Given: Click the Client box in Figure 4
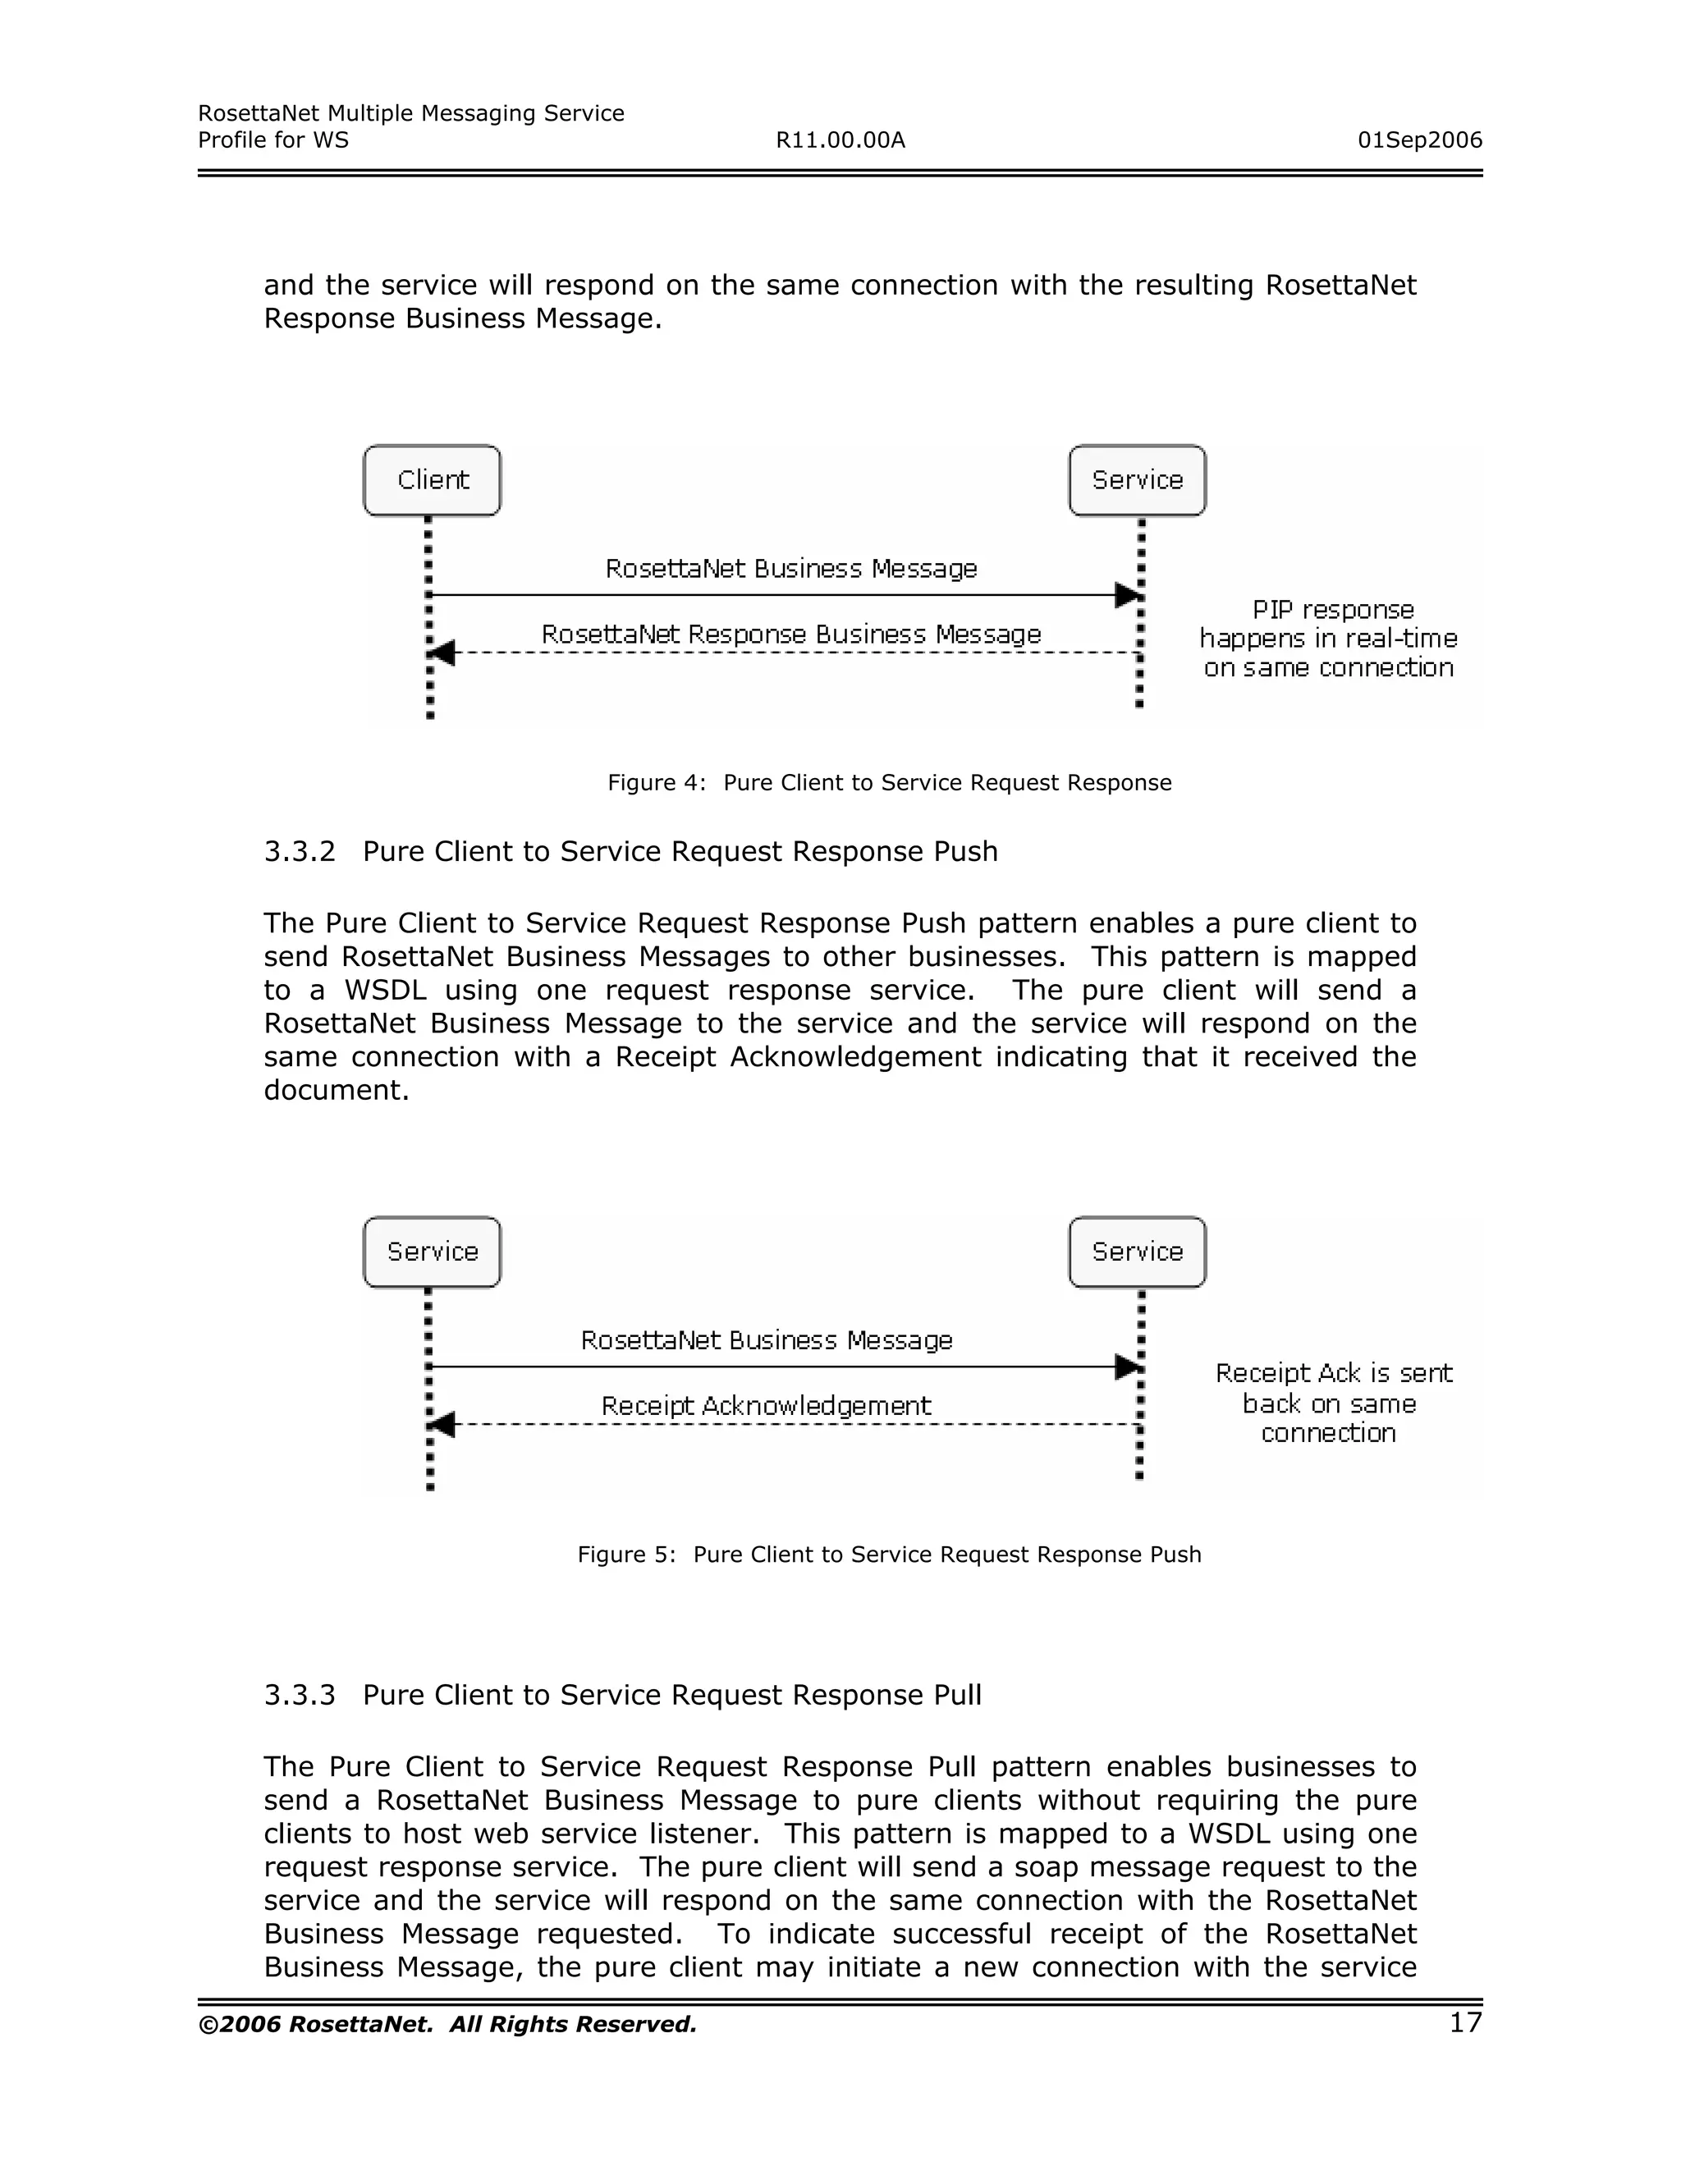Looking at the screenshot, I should coord(433,480).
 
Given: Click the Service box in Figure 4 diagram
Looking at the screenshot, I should coord(1138,480).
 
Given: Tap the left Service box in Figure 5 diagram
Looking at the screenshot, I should coord(433,1252).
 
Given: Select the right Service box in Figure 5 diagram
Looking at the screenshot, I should coord(1138,1252).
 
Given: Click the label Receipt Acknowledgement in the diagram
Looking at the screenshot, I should coord(766,1405).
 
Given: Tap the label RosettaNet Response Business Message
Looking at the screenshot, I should coord(790,634).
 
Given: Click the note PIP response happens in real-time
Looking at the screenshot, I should coord(1329,639).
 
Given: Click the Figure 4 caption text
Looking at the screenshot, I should coord(889,783).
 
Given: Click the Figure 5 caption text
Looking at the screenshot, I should coord(889,1555).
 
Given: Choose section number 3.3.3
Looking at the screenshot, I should coord(300,1695).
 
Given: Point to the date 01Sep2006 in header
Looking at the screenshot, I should coord(1419,140).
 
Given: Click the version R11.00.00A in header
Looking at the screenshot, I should coord(840,140).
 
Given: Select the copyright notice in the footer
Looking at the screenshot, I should coord(447,2025).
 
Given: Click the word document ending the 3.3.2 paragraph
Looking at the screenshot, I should coord(336,1091).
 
